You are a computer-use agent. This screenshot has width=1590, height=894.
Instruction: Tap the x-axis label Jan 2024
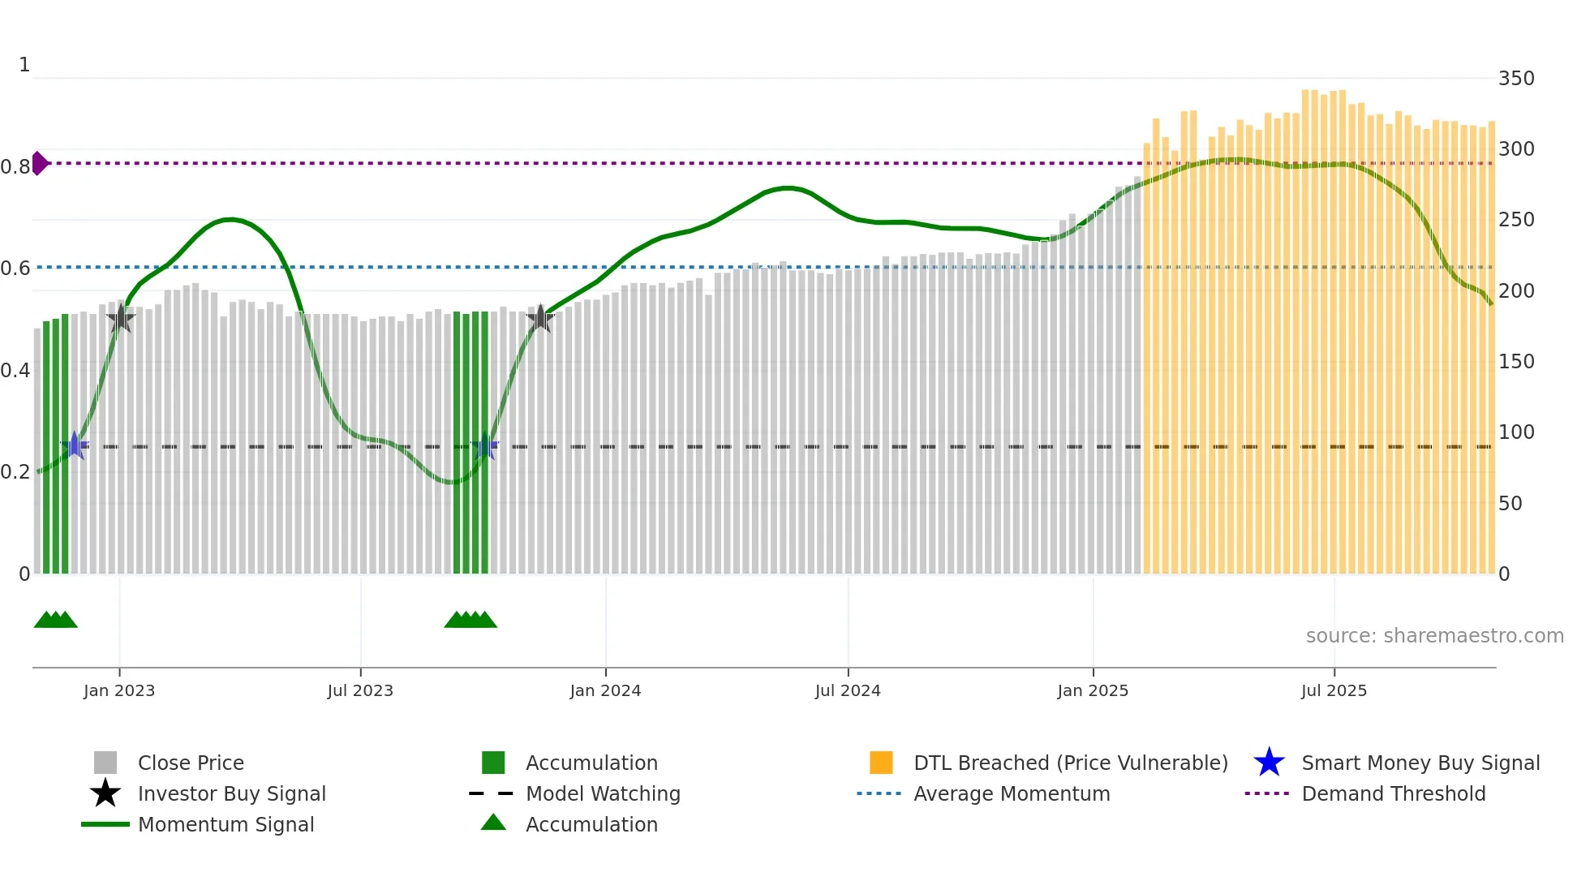(605, 691)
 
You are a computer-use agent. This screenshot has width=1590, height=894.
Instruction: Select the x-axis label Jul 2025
(1334, 691)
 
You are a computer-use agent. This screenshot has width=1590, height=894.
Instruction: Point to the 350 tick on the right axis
(1515, 79)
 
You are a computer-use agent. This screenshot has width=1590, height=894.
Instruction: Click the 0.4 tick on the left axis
(15, 371)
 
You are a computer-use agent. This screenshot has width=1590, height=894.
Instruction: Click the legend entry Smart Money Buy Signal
(1420, 763)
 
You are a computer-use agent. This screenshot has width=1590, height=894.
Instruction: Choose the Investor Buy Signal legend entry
(231, 794)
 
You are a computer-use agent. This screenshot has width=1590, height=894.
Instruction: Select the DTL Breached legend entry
(1070, 763)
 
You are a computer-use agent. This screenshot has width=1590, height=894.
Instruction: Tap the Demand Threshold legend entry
(1393, 794)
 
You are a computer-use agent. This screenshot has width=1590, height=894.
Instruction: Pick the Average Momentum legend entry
(1011, 794)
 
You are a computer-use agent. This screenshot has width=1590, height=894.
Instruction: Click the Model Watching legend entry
(602, 794)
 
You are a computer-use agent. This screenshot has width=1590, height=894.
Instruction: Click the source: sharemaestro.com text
(1434, 636)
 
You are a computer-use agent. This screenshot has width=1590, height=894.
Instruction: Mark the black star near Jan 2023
(121, 319)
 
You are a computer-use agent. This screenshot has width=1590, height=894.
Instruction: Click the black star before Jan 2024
(540, 318)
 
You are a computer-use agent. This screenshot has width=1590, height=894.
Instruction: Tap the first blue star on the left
(75, 445)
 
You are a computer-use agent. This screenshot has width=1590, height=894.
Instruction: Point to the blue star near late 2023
(485, 446)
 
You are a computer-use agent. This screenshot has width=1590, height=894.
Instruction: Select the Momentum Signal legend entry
(226, 825)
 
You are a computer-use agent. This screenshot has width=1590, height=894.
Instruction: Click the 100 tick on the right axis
(1515, 432)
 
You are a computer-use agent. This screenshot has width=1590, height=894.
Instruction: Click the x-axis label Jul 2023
(360, 691)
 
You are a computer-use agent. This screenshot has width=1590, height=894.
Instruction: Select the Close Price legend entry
(190, 763)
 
